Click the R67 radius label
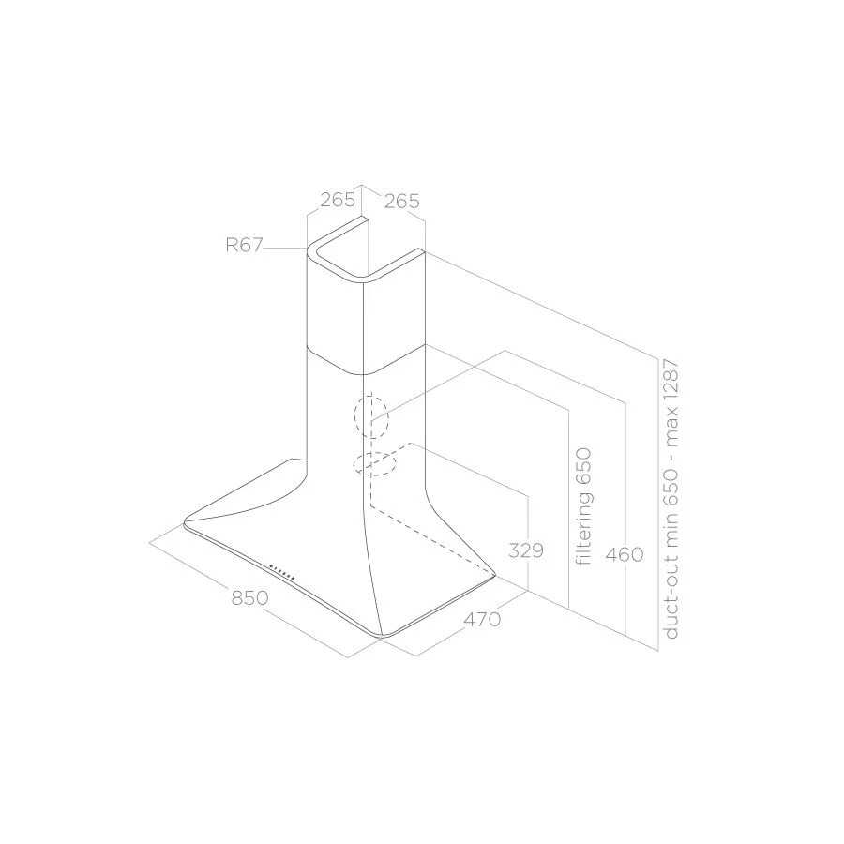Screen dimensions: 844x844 pos(243,246)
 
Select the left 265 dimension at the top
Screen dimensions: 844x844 pos(338,200)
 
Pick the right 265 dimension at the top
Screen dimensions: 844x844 pos(401,201)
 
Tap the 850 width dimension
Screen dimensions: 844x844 pos(249,597)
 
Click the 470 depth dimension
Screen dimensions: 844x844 pos(482,619)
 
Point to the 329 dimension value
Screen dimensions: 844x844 pos(526,550)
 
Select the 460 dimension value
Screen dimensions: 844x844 pos(625,554)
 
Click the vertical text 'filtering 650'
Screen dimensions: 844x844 pos(583,506)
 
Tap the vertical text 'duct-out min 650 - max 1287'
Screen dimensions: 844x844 pos(671,499)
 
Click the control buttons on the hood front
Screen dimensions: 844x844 pos(282,572)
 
